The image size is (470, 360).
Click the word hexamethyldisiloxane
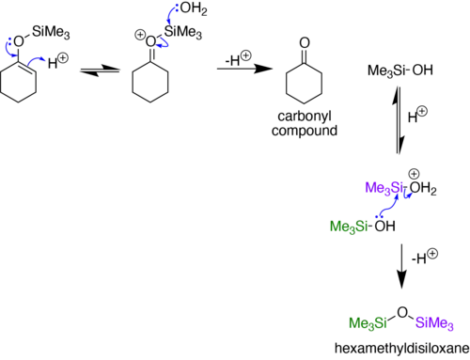click(402, 349)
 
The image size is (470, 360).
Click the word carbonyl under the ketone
click(305, 117)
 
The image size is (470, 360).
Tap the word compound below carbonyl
click(305, 131)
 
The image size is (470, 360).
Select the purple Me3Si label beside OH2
click(384, 188)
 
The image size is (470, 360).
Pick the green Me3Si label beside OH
click(349, 227)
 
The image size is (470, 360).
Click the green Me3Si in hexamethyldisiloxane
click(368, 322)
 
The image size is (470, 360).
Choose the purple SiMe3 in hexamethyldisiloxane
click(434, 322)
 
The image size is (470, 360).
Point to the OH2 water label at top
click(194, 8)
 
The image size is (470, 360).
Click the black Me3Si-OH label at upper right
click(400, 70)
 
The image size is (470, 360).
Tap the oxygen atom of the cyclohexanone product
click(305, 43)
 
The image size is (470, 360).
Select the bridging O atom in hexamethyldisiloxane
click(402, 312)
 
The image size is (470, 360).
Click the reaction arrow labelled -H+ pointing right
click(244, 69)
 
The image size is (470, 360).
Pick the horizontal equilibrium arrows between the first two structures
click(100, 70)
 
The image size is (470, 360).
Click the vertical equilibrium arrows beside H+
click(399, 120)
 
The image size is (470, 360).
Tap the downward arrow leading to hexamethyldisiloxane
click(401, 266)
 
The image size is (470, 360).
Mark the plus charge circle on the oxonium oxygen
click(140, 35)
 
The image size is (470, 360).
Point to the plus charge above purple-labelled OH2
click(415, 174)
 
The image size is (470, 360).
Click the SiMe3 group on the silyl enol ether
click(51, 32)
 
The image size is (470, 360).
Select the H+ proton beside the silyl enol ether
click(58, 61)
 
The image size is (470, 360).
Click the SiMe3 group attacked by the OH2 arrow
click(183, 32)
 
